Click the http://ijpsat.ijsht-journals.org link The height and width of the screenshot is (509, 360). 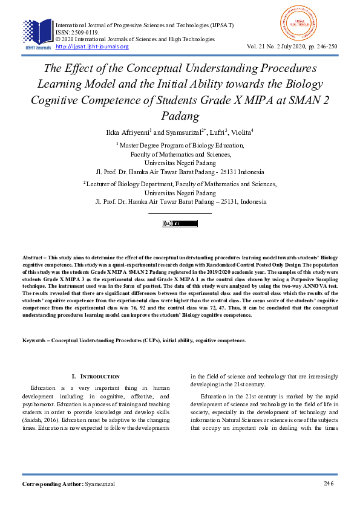pos(92,47)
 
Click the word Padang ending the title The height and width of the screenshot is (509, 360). pos(180,115)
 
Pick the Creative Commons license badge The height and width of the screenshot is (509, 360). pos(180,224)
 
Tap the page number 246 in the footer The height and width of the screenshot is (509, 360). pos(329,484)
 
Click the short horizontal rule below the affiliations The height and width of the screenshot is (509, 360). pos(180,213)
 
